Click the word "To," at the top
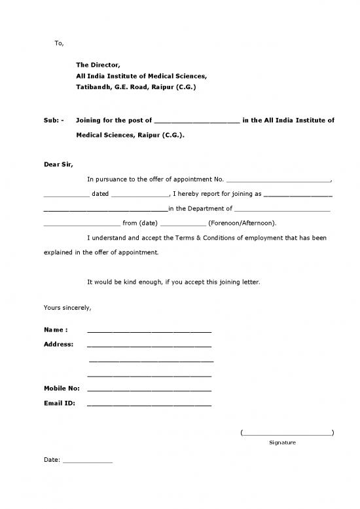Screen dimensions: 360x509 59,43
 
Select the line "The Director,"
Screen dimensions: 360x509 98,65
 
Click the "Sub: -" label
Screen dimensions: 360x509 54,121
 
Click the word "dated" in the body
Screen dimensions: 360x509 100,194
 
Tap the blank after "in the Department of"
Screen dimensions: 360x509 282,210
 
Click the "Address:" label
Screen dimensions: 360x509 58,344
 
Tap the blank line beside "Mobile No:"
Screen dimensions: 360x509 149,390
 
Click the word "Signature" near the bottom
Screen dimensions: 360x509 282,443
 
